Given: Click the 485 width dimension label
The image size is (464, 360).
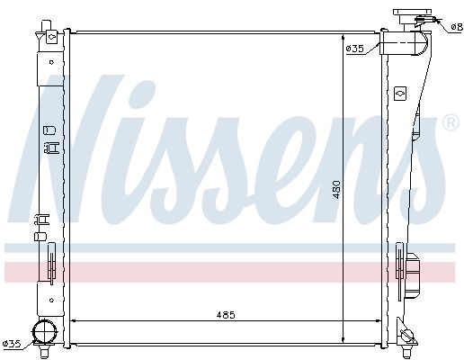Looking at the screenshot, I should pos(226,314).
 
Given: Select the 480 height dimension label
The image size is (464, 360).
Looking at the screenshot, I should pos(337,190).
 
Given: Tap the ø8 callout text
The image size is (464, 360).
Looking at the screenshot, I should pos(455,28).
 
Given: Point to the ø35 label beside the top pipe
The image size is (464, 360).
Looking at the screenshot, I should pos(354,48).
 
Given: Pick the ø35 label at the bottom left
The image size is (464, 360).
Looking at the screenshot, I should pos(12,344).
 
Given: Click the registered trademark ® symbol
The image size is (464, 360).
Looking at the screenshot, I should pos(449,122).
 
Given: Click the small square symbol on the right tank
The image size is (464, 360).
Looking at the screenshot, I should pos(400,92).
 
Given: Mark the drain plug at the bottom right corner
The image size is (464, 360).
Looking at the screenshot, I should pos(409,335).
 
